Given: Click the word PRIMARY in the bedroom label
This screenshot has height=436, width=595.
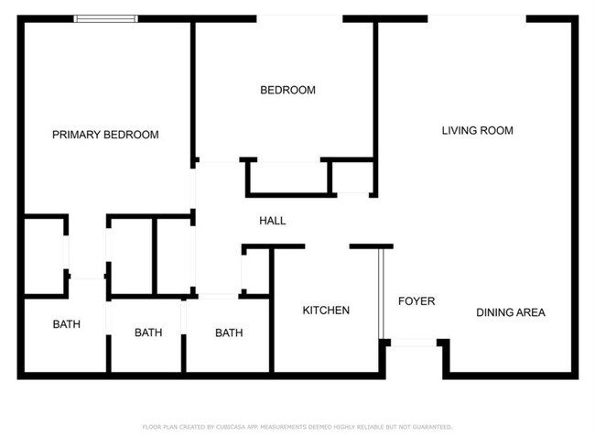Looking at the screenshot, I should [74, 135].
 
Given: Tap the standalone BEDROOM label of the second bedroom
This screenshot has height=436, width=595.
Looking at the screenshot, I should [287, 90].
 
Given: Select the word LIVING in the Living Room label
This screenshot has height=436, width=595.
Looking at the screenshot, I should [460, 131].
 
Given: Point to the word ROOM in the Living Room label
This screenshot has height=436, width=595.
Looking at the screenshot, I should [498, 131].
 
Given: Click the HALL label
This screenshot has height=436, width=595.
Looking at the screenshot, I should [273, 221].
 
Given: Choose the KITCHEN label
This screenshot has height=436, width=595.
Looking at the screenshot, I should [326, 311].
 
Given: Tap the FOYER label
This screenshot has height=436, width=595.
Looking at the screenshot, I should [416, 301].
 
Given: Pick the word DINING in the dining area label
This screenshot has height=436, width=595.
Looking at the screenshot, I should [495, 312].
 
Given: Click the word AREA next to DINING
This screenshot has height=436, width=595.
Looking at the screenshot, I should [531, 312].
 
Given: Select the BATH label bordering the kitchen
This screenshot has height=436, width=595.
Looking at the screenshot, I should [229, 332].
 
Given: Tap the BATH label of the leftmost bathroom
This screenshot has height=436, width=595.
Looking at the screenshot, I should [66, 324].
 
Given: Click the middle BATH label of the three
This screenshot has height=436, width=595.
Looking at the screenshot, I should [148, 332].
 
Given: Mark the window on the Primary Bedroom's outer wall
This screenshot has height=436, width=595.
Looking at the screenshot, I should [106, 17].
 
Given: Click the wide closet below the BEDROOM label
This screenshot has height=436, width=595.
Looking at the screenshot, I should [287, 177].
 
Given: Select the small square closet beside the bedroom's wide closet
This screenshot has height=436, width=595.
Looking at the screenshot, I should [352, 177].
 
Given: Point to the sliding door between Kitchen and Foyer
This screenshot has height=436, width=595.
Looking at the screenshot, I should [381, 293].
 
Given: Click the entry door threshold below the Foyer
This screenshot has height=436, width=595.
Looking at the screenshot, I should [414, 343].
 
